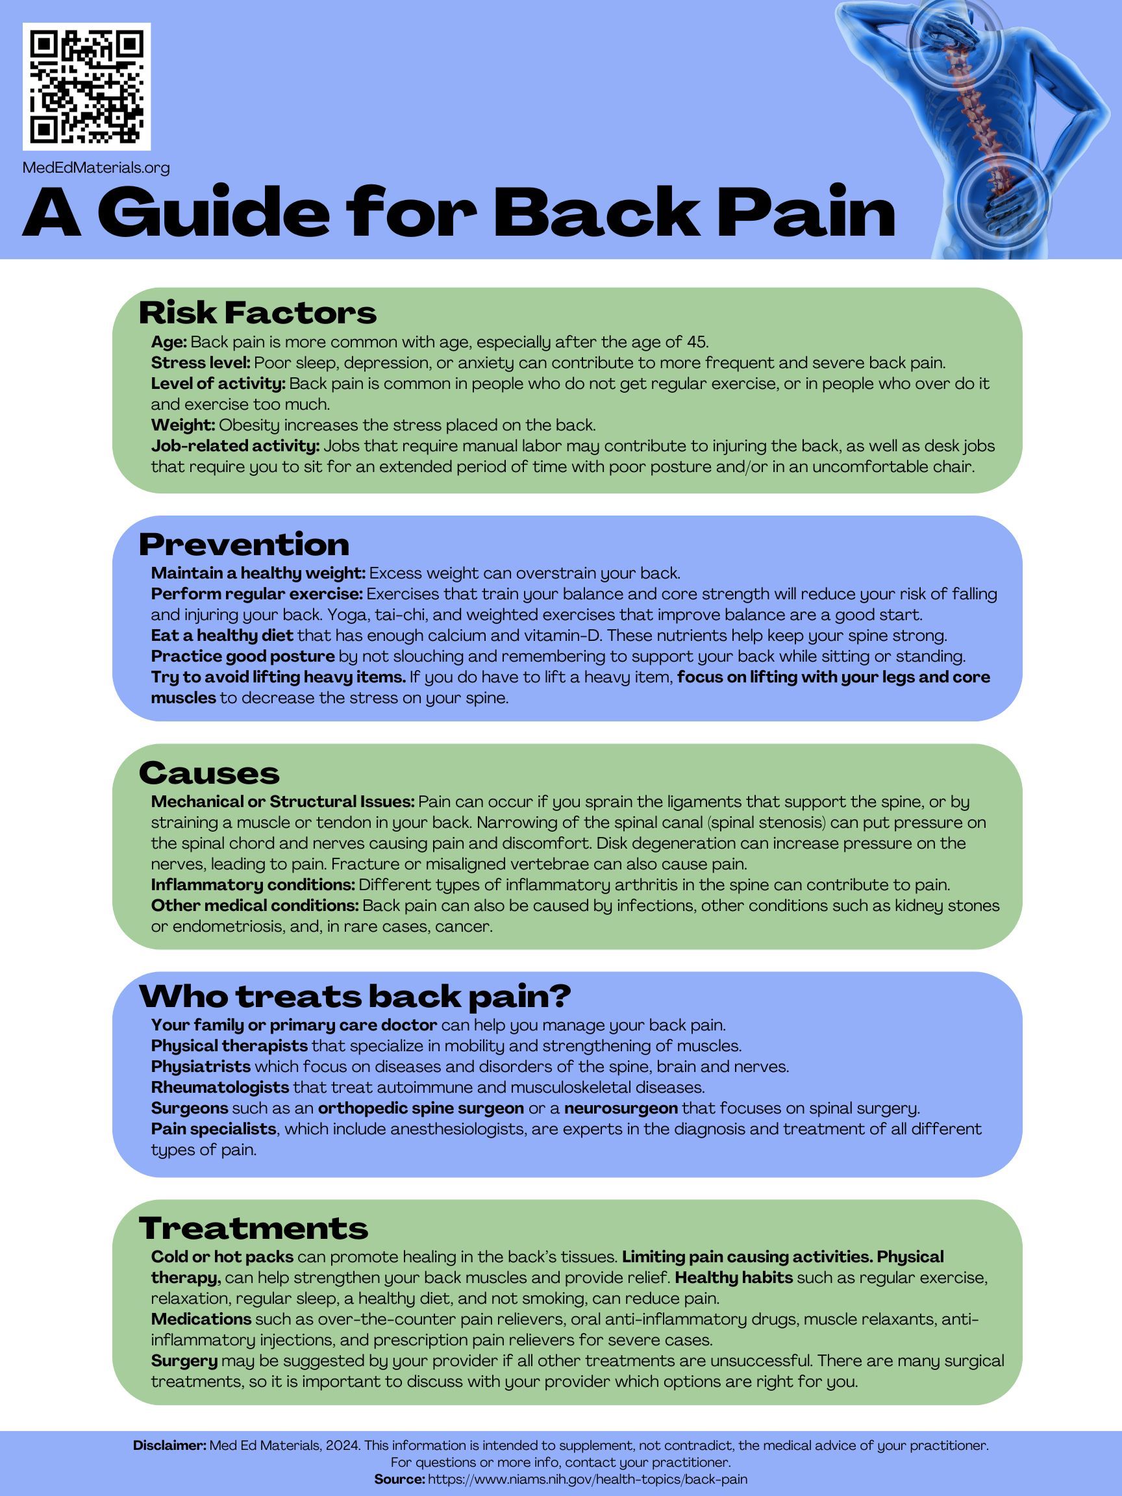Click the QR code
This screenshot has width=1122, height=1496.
pos(86,86)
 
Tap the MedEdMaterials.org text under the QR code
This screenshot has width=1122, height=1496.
pos(96,167)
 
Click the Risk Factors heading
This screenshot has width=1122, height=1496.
pos(257,313)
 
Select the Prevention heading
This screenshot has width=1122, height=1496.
pos(243,544)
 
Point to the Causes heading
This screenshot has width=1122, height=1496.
pos(209,773)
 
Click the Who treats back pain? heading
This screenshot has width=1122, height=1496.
pos(355,995)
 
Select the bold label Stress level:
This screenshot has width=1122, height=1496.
pos(200,362)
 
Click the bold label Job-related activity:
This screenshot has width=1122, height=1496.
pos(234,445)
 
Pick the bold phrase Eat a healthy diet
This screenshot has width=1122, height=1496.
pos(222,636)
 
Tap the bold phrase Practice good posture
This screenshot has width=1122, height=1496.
pos(243,656)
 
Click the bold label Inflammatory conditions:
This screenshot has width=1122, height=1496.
pos(253,884)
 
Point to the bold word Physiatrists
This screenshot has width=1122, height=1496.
pos(200,1067)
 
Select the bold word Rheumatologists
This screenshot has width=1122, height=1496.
pos(220,1088)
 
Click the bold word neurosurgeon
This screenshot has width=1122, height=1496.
pos(621,1108)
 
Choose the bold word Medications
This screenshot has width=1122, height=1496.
pos(201,1319)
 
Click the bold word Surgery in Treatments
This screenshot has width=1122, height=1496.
pos(184,1361)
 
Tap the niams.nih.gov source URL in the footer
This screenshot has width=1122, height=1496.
pos(587,1479)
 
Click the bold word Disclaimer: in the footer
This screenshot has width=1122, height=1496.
pos(169,1445)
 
